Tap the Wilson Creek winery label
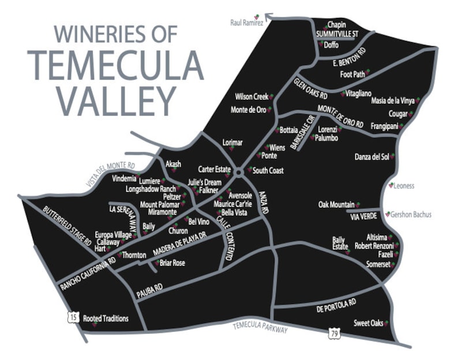[x=251, y=97]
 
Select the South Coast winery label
[x=268, y=171]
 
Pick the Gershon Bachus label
[x=411, y=215]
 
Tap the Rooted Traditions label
[x=106, y=318]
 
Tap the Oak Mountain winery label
[x=336, y=205]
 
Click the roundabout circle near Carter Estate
[x=238, y=172]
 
